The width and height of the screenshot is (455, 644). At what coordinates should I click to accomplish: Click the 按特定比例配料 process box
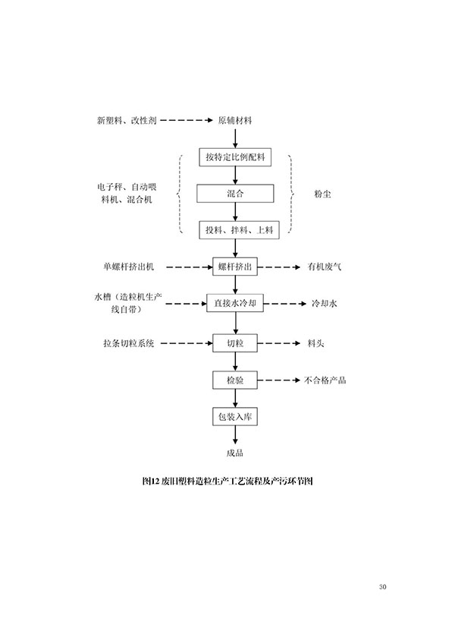click(x=236, y=158)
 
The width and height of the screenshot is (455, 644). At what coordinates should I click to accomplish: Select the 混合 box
click(x=236, y=194)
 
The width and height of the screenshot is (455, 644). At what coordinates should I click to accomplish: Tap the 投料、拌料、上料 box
click(x=236, y=229)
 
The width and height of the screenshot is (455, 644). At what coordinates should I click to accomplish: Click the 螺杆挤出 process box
click(x=236, y=267)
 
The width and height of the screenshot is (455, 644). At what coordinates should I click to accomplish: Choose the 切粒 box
click(x=236, y=343)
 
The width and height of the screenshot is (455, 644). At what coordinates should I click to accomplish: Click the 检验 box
click(x=236, y=379)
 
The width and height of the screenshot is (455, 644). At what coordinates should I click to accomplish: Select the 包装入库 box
click(x=236, y=416)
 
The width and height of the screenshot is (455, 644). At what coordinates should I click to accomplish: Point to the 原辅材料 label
click(x=235, y=121)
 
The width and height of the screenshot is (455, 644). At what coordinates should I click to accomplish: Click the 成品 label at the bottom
click(x=235, y=453)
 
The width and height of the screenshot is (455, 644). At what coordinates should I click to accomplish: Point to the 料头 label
click(x=316, y=343)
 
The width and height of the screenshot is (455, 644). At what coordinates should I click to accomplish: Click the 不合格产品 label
click(x=325, y=380)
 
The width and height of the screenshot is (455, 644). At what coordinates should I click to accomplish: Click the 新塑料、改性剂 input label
click(x=127, y=121)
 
